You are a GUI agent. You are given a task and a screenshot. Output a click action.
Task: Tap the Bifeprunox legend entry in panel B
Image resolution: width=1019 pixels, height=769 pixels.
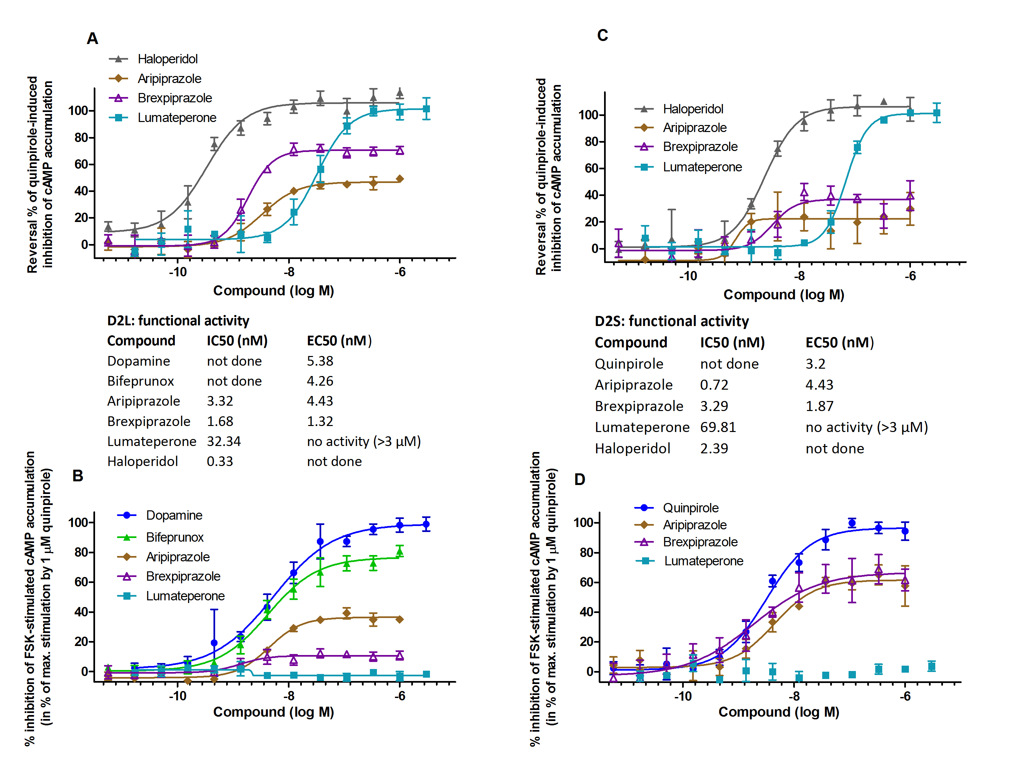pyautogui.click(x=174, y=537)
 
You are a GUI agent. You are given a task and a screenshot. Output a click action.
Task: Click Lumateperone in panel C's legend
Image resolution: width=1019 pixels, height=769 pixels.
pyautogui.click(x=702, y=167)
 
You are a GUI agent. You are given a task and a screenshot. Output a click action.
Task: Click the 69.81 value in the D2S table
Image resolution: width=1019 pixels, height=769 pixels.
pyautogui.click(x=718, y=427)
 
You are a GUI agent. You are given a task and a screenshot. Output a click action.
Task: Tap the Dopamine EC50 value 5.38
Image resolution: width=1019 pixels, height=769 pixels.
pyautogui.click(x=320, y=361)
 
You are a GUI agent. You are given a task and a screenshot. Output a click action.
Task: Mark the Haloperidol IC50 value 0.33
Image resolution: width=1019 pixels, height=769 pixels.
pyautogui.click(x=220, y=461)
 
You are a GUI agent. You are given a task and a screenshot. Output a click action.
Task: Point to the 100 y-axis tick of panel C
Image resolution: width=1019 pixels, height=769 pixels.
pyautogui.click(x=588, y=115)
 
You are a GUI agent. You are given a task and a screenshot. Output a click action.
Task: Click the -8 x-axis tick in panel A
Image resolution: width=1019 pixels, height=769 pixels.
pyautogui.click(x=289, y=272)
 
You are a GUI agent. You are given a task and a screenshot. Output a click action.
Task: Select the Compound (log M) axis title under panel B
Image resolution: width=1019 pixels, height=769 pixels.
pyautogui.click(x=273, y=712)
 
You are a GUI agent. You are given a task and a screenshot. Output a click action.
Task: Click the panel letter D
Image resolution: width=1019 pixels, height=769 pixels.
pyautogui.click(x=579, y=480)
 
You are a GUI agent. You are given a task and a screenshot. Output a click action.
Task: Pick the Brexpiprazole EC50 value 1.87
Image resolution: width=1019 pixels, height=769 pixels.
pyautogui.click(x=819, y=406)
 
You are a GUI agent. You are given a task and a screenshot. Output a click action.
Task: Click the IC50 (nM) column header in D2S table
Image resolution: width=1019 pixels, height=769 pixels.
pyautogui.click(x=732, y=343)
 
